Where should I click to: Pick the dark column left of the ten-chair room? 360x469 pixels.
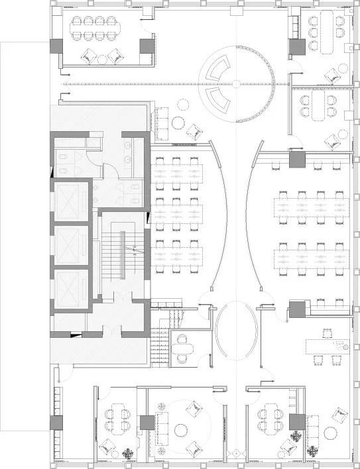(56, 46)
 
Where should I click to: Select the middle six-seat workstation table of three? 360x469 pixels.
(176, 211)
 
